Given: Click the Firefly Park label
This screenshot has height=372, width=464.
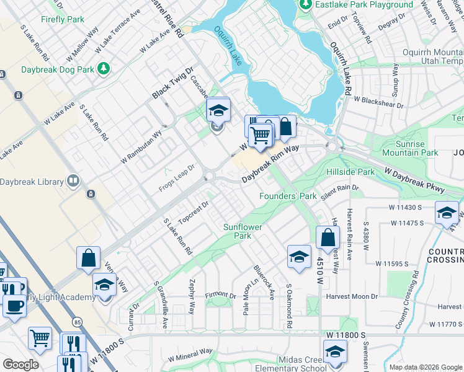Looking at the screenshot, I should [63, 19].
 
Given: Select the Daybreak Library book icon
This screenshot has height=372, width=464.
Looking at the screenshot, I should [73, 182].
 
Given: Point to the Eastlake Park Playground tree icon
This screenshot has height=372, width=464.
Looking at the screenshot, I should [305, 5].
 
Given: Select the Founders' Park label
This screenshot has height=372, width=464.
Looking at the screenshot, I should [288, 196].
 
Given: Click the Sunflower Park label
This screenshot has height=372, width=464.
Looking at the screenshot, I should [243, 231].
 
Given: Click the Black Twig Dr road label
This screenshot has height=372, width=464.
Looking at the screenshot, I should [173, 83].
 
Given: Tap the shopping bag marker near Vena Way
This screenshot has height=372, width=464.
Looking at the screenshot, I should [89, 257].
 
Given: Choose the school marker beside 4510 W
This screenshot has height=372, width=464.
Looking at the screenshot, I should [298, 256].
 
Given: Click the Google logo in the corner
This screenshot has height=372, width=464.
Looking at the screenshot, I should [20, 365].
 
